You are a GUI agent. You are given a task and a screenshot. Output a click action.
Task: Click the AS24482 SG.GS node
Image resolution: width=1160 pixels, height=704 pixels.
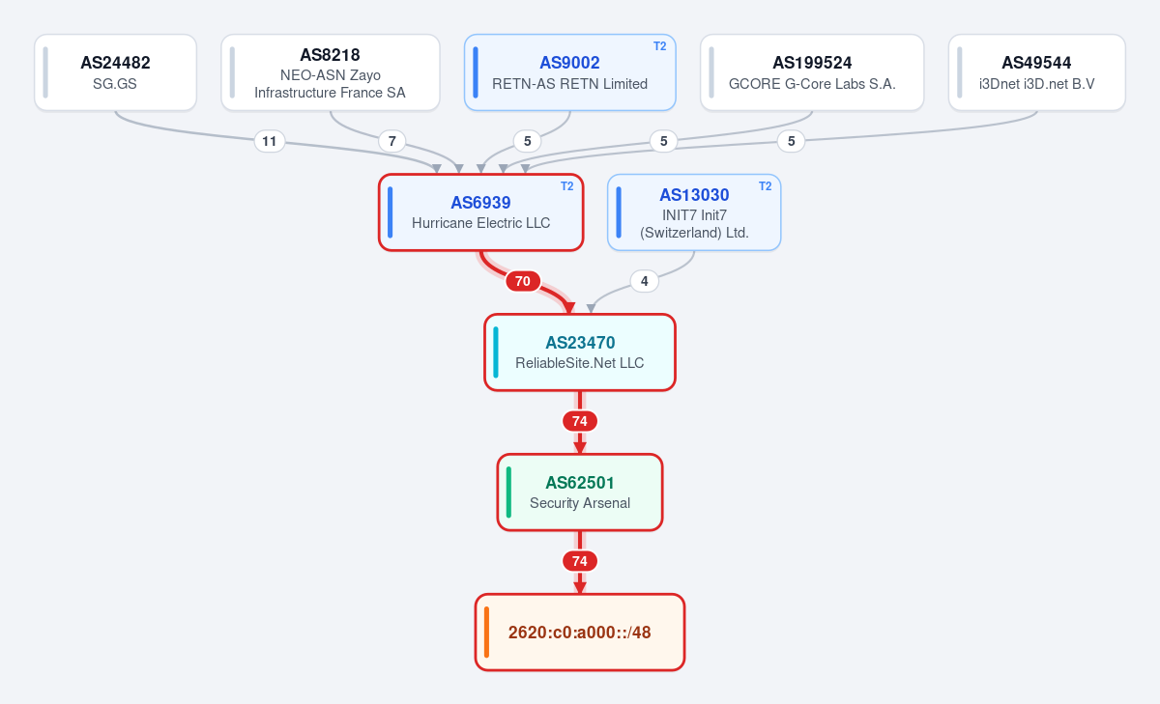115,72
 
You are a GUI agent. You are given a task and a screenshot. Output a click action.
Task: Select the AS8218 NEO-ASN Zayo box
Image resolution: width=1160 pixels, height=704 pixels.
331,72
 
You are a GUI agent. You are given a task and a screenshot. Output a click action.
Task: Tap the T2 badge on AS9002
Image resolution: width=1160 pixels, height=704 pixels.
659,46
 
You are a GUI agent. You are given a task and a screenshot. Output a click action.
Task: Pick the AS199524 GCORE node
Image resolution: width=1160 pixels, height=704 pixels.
812,72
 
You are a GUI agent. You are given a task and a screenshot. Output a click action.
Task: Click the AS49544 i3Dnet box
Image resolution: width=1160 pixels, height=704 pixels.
1036,72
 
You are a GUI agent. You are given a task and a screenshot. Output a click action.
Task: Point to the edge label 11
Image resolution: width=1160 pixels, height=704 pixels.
270,141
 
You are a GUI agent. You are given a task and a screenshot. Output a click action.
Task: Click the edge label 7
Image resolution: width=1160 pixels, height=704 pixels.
392,141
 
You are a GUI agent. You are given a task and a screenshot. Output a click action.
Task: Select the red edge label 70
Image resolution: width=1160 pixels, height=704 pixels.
523,281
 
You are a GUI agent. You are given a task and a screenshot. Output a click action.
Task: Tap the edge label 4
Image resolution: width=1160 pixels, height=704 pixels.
644,281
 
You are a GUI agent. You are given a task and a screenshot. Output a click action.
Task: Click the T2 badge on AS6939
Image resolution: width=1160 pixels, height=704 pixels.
567,186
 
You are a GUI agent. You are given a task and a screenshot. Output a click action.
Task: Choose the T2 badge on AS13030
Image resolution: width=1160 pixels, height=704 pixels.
765,186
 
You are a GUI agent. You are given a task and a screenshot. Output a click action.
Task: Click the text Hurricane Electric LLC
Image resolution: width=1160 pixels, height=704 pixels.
481,223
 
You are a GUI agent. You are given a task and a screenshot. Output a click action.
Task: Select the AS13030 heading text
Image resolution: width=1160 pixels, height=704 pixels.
694,195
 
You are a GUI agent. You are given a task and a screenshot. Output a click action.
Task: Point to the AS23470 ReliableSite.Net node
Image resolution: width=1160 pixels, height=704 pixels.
580,352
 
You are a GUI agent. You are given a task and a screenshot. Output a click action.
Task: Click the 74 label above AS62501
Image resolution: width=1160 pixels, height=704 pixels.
580,421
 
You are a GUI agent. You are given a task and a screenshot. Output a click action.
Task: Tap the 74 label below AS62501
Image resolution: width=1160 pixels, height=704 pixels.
580,561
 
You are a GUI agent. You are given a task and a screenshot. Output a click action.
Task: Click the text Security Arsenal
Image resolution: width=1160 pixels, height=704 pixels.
580,503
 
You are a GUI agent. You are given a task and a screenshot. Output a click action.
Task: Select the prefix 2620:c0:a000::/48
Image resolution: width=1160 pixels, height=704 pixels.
580,633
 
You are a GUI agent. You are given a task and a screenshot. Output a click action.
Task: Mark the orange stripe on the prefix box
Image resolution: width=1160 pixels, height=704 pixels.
487,633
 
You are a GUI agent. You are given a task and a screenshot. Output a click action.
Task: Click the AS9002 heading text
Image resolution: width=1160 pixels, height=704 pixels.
569,63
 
